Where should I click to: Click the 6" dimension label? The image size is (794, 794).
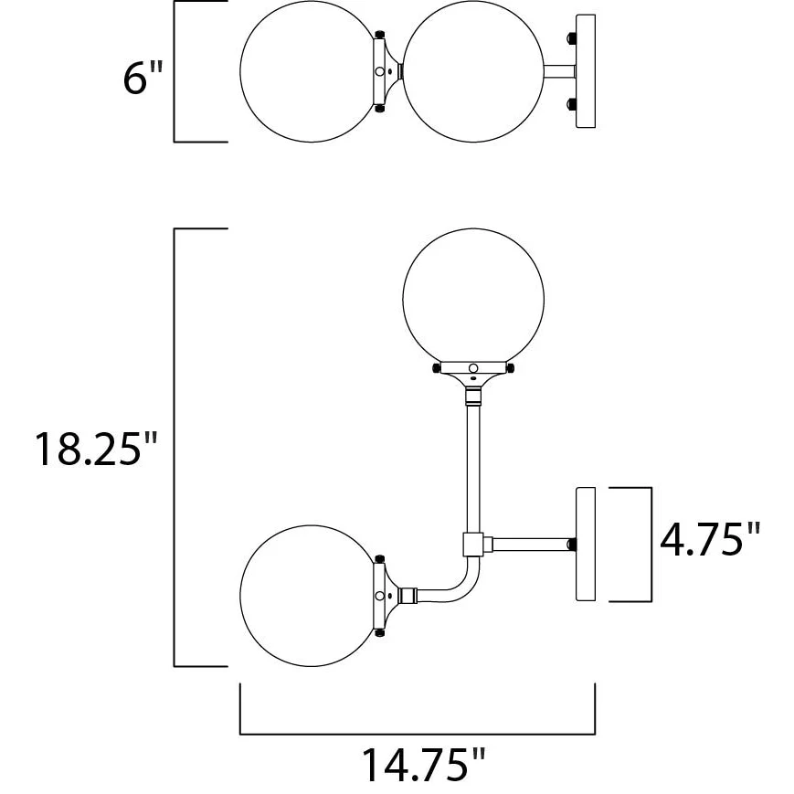(x=143, y=78)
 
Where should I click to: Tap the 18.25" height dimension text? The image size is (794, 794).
(x=96, y=449)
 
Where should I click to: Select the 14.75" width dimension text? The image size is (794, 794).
(x=423, y=765)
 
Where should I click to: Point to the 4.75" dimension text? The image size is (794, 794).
(x=710, y=539)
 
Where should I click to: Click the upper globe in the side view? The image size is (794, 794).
(x=473, y=299)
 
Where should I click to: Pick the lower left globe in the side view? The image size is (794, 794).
(x=311, y=596)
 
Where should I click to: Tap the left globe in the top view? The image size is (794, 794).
(x=311, y=71)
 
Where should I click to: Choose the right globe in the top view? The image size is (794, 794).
(x=473, y=71)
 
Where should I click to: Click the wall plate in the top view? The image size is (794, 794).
(x=586, y=71)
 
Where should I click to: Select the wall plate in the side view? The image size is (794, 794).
(x=586, y=545)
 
